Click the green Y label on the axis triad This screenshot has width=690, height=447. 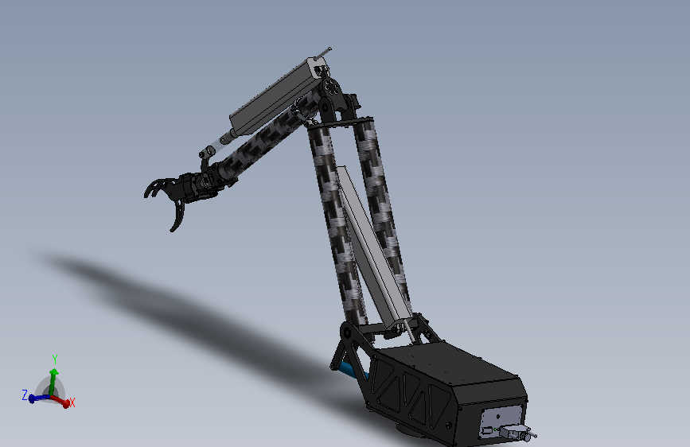click(x=55, y=359)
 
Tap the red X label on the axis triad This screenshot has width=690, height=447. click(x=72, y=402)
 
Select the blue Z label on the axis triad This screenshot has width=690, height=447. click(x=25, y=395)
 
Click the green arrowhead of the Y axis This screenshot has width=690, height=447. click(x=53, y=373)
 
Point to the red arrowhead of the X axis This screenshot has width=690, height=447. click(x=66, y=403)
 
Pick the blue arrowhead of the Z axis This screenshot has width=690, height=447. click(x=32, y=398)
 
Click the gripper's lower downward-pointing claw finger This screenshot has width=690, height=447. click(x=177, y=216)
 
